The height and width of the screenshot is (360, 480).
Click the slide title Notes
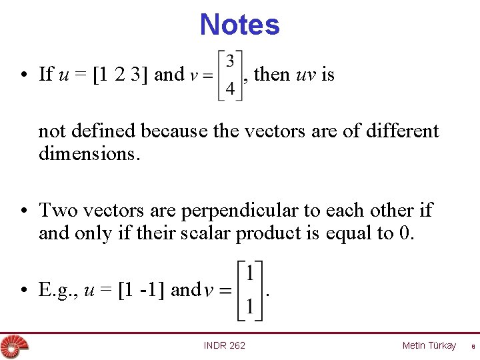[x=239, y=25]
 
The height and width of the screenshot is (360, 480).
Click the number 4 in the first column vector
[x=229, y=88]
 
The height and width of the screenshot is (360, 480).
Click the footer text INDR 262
[x=224, y=345]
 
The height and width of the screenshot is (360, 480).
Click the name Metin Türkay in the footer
[x=429, y=345]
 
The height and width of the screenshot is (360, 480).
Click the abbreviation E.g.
[x=55, y=291]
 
